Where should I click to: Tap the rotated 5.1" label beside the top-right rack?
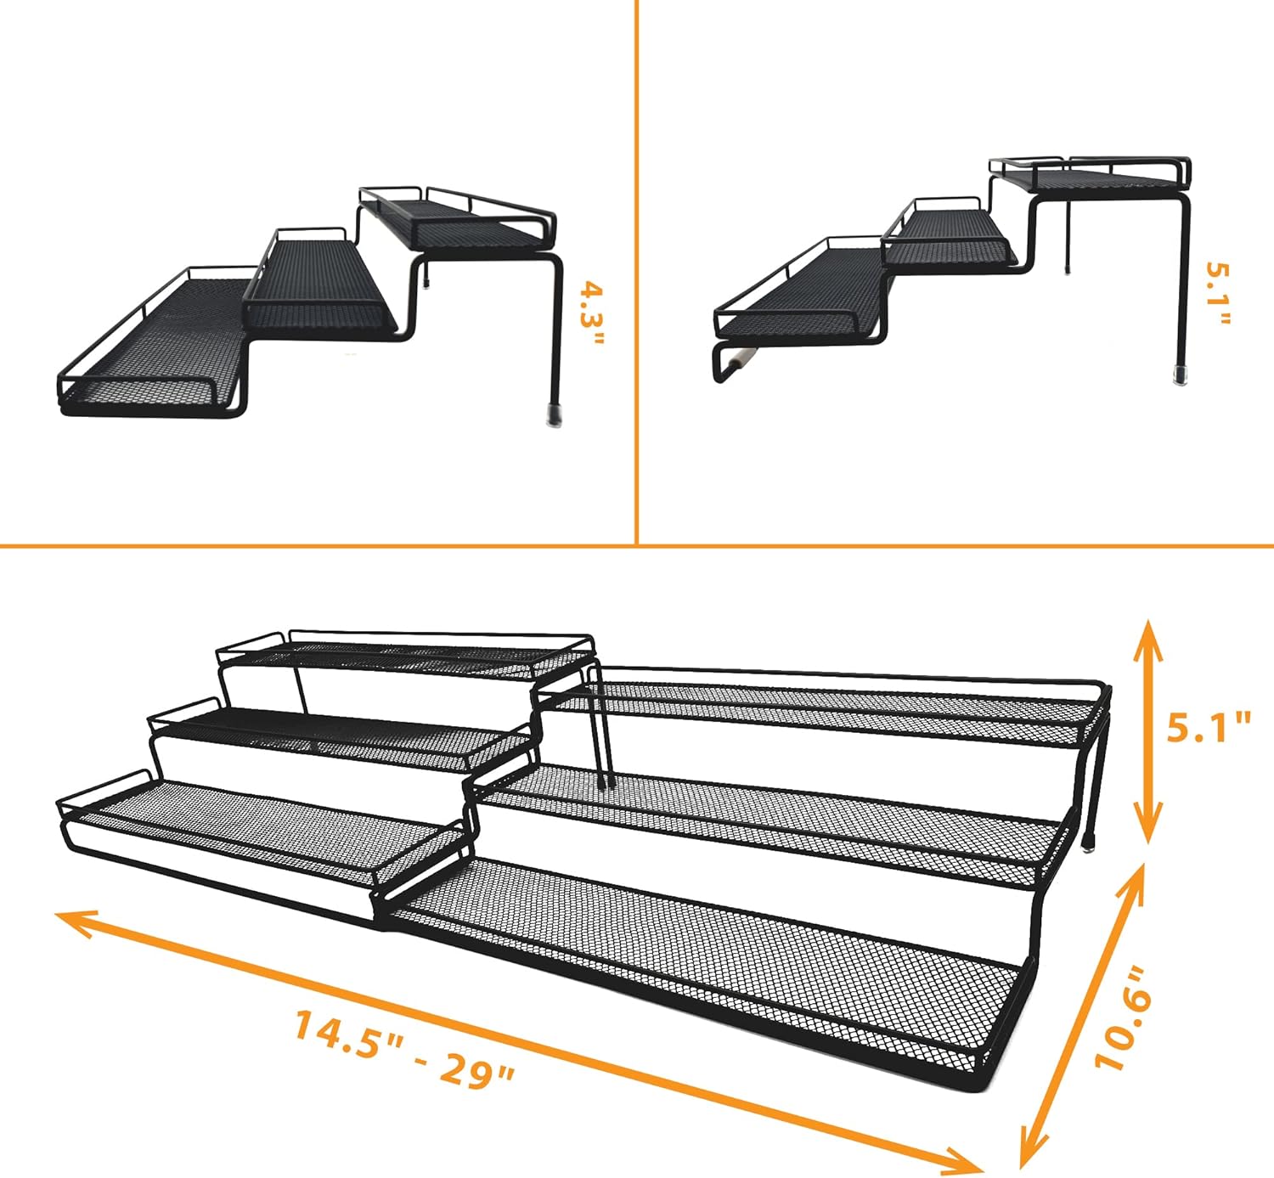[1218, 293]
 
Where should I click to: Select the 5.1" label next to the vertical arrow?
[1208, 728]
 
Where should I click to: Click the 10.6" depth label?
[1123, 1017]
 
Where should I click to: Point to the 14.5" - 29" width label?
[405, 1049]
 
